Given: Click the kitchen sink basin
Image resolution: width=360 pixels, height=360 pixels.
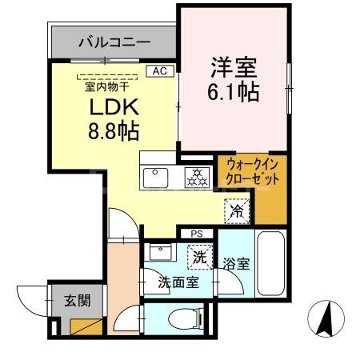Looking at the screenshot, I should (154, 176).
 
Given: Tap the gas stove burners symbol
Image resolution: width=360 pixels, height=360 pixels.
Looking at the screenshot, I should (196, 178).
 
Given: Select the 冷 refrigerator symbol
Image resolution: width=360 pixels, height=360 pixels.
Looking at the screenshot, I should (237, 211).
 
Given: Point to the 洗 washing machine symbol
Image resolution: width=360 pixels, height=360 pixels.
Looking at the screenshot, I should (197, 258).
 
